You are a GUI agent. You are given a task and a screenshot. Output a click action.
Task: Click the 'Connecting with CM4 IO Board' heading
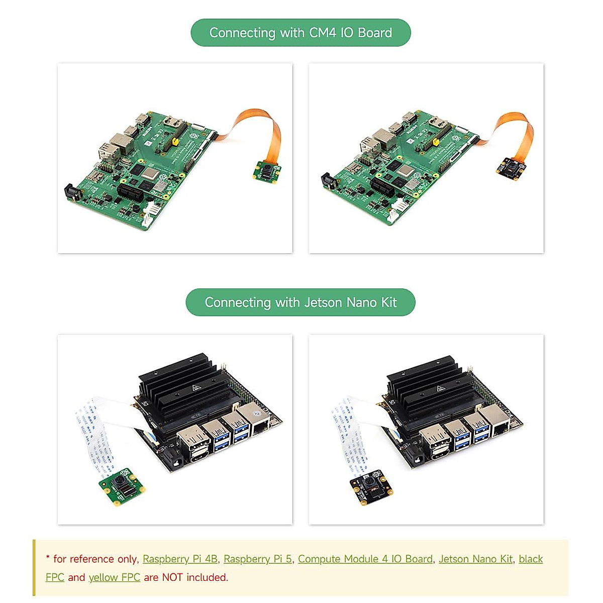coord(300,33)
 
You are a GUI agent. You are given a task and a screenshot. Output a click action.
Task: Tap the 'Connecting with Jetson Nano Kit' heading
coord(300,303)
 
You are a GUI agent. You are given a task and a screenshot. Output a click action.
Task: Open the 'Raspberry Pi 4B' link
coord(180,559)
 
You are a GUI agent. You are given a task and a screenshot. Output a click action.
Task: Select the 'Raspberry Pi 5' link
coord(257,559)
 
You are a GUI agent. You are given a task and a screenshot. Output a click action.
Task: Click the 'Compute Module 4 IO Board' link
coord(365,559)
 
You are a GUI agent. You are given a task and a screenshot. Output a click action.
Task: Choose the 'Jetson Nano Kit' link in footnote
coord(475,559)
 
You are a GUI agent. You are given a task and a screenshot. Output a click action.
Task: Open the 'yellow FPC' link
coord(114,577)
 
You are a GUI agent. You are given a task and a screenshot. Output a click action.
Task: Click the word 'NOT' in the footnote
coord(173,577)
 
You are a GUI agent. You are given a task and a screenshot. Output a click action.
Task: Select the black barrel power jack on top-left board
coord(71,194)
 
